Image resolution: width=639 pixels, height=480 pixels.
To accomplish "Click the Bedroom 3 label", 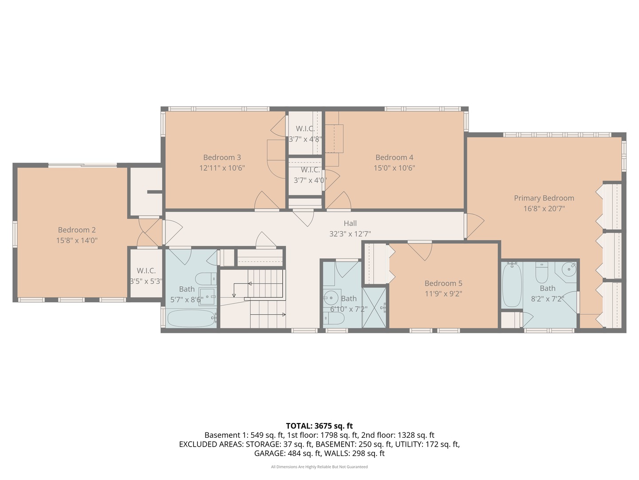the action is [222, 157].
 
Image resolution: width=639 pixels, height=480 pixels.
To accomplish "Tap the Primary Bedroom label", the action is [544, 198].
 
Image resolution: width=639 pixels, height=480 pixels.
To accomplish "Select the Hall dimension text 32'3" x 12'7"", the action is [350, 234].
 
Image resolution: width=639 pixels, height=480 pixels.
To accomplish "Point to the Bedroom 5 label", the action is [443, 283].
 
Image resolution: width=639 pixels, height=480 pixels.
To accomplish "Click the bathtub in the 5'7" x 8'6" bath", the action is [191, 318].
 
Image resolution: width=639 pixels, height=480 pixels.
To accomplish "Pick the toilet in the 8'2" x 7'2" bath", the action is [541, 272].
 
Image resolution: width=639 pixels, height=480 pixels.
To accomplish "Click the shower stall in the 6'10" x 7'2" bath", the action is [374, 308].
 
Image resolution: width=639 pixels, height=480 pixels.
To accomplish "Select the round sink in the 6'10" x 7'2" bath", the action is [331, 298].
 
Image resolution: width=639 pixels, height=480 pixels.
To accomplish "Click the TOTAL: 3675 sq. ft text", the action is [319, 426].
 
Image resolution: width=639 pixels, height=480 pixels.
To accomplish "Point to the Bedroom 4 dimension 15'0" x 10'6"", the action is [394, 168].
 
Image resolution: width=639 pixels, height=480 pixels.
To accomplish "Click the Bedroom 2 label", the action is [77, 230].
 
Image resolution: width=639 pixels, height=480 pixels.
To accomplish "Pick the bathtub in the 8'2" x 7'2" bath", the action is [512, 284].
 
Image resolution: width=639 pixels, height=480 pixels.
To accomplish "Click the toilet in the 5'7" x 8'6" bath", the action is [206, 279].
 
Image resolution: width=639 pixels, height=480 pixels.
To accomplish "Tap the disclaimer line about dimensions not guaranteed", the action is [319, 467].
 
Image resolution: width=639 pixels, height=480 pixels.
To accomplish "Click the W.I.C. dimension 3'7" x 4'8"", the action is [305, 139].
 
